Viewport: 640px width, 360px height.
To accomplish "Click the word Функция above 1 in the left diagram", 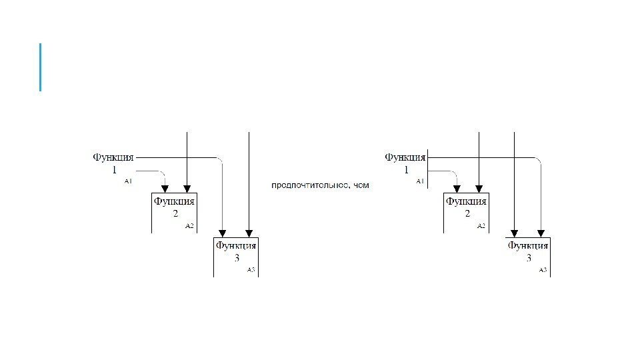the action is point(113,157).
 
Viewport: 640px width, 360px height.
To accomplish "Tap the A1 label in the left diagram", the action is point(129,181).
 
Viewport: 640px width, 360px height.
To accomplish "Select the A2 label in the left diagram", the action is point(189,226).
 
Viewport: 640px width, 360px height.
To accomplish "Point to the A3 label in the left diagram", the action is point(251,270).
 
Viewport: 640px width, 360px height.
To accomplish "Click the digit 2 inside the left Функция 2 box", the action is point(175,214).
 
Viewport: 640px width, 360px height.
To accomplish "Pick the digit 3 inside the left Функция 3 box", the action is point(237,258).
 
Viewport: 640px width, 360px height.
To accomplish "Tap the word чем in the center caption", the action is point(361,185).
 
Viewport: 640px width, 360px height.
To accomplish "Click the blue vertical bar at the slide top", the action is point(41,67).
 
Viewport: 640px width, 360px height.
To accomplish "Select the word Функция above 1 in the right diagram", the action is point(405,157).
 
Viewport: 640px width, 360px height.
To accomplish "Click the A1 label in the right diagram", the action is point(420,181).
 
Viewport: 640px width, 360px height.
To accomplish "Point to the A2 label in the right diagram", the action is point(481,226).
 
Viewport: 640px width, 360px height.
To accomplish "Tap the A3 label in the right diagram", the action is point(543,270).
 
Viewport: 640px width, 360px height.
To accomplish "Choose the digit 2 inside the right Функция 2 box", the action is point(467,214).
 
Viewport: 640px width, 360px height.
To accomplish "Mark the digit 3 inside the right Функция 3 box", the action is point(529,258).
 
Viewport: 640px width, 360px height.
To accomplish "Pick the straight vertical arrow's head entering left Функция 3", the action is point(248,233).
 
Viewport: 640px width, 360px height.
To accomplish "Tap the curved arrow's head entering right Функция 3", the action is point(541,233).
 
